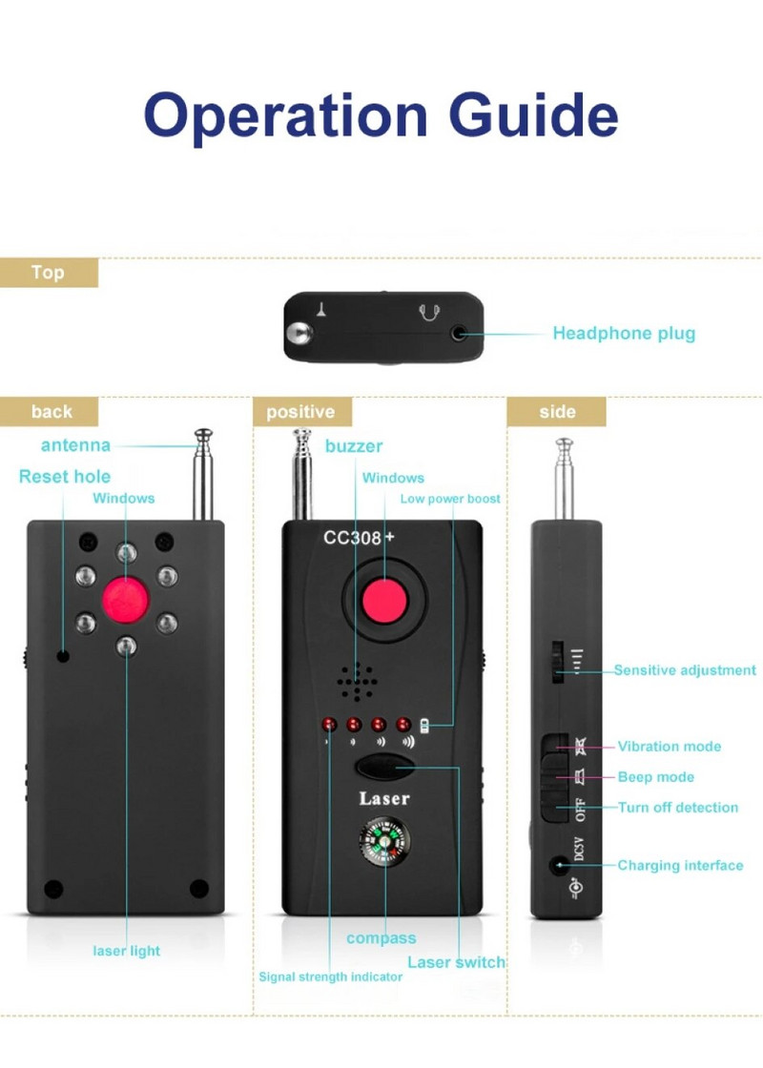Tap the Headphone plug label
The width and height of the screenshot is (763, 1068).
pos(624,334)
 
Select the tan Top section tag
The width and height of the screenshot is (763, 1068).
pos(49,273)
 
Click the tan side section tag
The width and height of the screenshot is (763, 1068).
pos(557,412)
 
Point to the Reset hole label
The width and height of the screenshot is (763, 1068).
pos(65,477)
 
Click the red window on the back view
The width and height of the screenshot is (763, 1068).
pos(127,598)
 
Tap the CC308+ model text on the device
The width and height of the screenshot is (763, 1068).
pos(359,538)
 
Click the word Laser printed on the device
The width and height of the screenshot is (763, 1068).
pos(383,799)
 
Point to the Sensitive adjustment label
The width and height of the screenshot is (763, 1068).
pos(685,670)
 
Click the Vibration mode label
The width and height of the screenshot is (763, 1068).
pos(670,747)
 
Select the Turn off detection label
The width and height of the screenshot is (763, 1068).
pos(678,808)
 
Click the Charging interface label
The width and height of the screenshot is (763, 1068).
pos(680,866)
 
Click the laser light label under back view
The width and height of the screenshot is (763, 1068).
pos(127,951)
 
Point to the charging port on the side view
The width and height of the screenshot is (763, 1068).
pos(557,866)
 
